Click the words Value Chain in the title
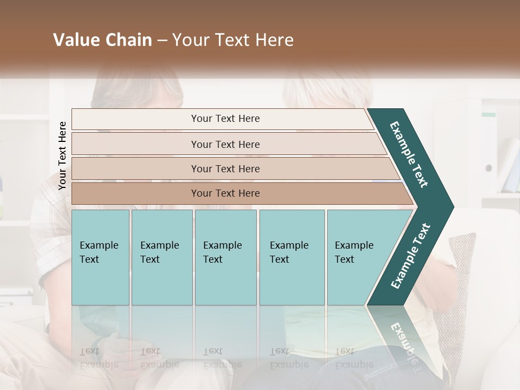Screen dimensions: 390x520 click(102, 40)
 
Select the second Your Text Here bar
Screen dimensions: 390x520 click(225, 144)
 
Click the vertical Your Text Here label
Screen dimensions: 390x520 click(62, 155)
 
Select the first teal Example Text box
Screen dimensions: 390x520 click(100, 257)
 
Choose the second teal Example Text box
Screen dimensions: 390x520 click(161, 257)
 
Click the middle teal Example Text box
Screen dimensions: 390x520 click(225, 257)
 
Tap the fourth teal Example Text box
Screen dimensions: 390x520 click(292, 257)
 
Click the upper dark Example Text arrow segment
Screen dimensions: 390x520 click(409, 155)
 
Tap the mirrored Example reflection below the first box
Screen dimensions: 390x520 click(99, 364)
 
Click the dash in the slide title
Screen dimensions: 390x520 click(162, 40)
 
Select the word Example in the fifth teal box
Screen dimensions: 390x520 click(354, 245)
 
